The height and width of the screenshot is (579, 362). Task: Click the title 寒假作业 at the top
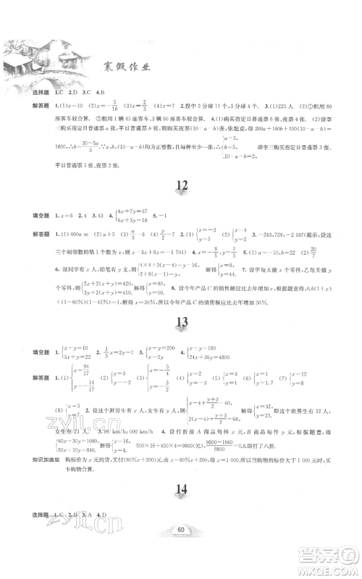(x=130, y=69)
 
